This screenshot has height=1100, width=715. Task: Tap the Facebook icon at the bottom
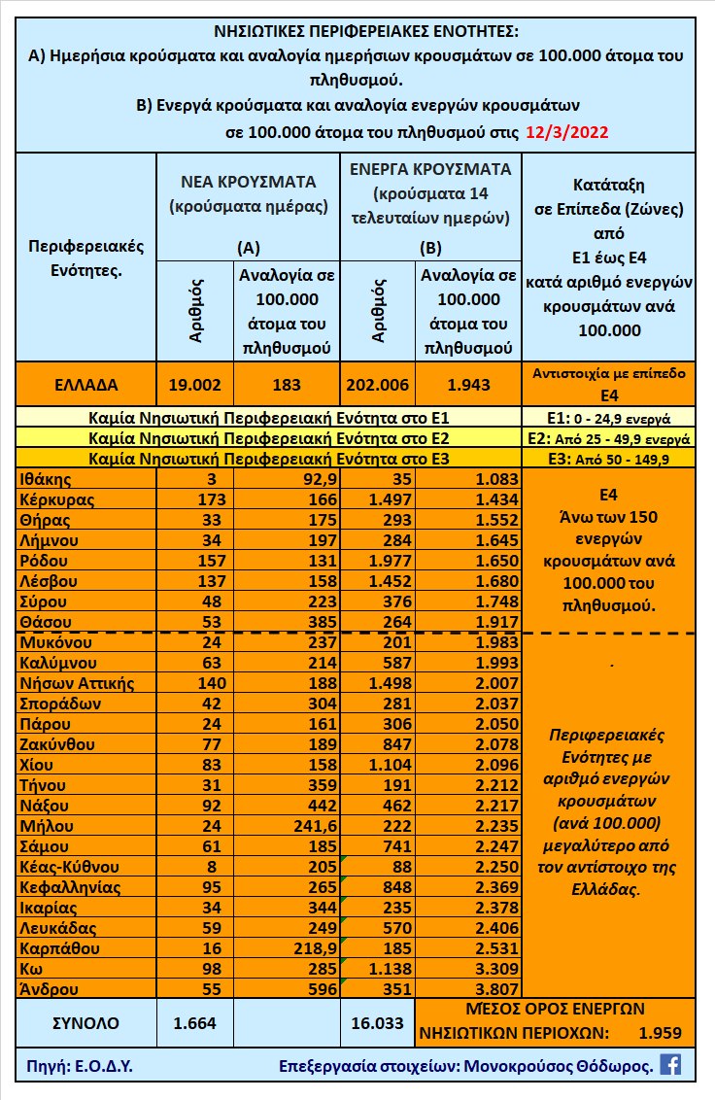point(669,1064)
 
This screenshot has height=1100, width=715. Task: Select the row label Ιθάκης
point(47,479)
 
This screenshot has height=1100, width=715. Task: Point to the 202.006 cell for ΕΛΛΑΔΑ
point(377,385)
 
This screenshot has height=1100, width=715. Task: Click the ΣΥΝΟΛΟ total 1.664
point(194,1022)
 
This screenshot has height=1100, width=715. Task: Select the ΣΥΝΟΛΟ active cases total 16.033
point(377,1022)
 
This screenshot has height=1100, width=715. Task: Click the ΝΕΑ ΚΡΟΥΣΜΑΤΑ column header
point(249,181)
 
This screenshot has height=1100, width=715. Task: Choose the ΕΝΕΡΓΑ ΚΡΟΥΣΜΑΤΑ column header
point(430,168)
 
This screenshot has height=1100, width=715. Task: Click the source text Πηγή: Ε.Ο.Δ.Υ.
point(75,1065)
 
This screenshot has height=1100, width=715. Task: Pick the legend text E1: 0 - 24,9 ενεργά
point(608,420)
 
